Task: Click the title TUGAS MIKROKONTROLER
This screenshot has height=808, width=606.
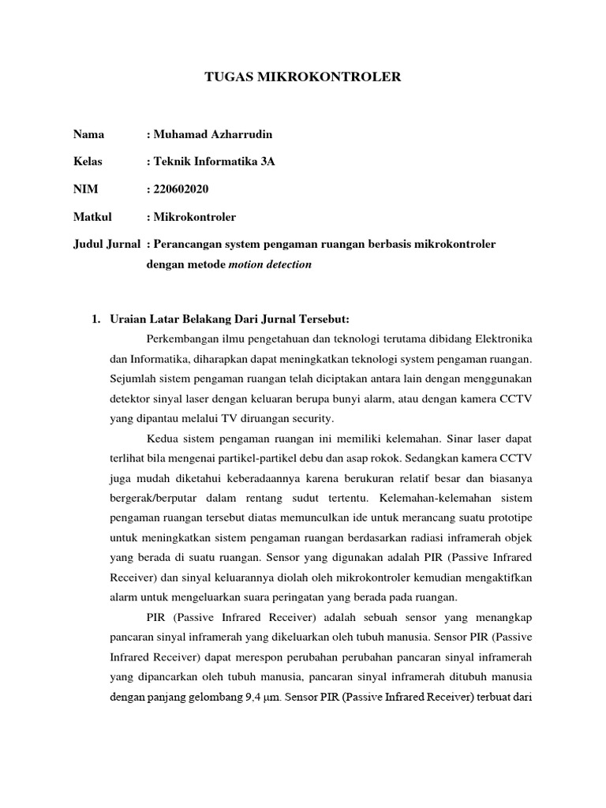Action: pyautogui.click(x=303, y=77)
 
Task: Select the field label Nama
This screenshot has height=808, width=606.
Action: pyautogui.click(x=88, y=135)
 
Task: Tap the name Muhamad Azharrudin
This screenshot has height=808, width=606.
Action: pyautogui.click(x=211, y=135)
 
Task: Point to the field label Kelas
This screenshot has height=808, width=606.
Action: pyautogui.click(x=88, y=162)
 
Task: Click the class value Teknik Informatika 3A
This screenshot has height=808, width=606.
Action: pyautogui.click(x=214, y=162)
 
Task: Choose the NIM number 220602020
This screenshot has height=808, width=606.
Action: pyautogui.click(x=181, y=189)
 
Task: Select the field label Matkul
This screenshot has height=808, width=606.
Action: pyautogui.click(x=92, y=216)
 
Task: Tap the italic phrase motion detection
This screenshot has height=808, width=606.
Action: pyautogui.click(x=270, y=264)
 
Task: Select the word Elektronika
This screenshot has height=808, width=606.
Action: pyautogui.click(x=502, y=339)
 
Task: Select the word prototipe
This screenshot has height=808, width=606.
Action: pyautogui.click(x=508, y=518)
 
